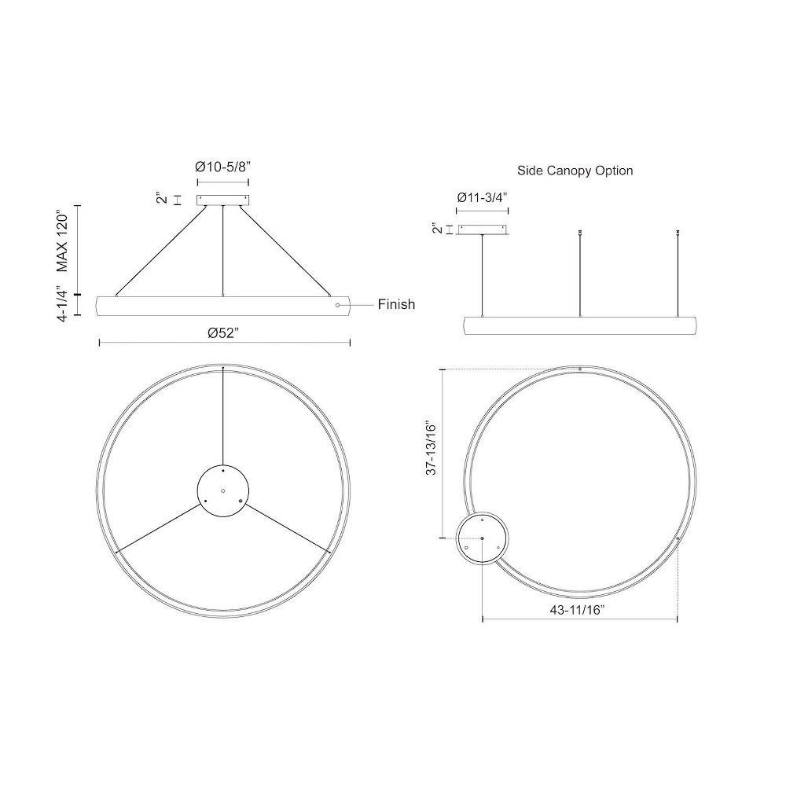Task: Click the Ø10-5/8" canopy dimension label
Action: (x=222, y=167)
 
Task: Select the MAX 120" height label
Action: (x=63, y=242)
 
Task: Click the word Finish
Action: (x=396, y=304)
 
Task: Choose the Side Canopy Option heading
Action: (x=575, y=171)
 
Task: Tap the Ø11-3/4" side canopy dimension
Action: (x=483, y=197)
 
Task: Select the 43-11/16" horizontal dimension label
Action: (x=578, y=610)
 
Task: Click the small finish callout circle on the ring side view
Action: (x=337, y=305)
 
